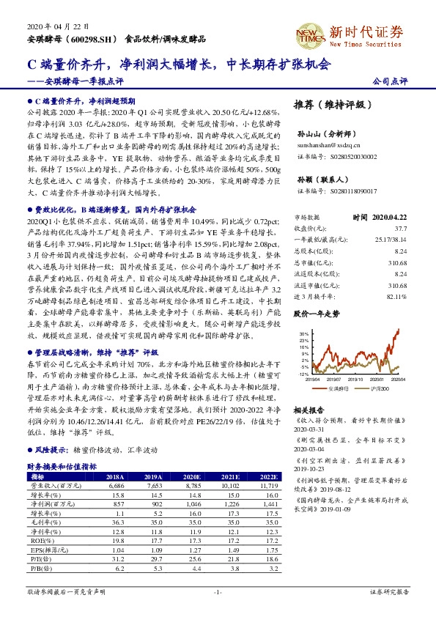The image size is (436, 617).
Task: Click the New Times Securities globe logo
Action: pos(316,32)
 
